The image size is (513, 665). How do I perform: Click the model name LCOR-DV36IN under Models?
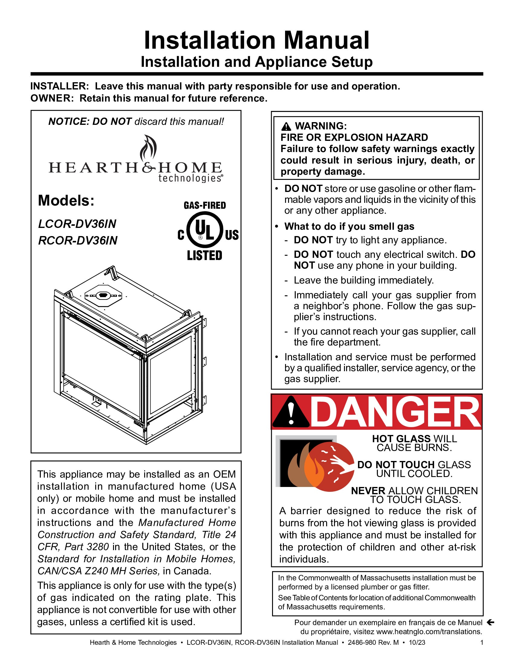pos(77,224)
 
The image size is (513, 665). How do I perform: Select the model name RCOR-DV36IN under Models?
pos(78,241)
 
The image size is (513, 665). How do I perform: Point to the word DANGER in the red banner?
pos(395,412)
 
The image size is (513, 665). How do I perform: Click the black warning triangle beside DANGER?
pos(291,412)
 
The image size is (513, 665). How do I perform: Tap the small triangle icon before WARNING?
pos(286,126)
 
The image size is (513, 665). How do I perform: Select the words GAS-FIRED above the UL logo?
pos(205,206)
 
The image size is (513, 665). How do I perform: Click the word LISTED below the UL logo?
pos(205,255)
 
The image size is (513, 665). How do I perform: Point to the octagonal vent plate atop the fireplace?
pos(103,295)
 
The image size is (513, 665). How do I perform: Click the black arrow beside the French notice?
pos(490,622)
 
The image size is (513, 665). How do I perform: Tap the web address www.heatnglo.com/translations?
pos(429,631)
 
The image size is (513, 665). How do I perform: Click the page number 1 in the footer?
pos(482,642)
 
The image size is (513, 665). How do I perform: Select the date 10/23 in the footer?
pos(417,642)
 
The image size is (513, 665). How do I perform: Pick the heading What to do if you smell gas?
pos(349,226)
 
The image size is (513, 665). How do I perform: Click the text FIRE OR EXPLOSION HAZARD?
pos(354,137)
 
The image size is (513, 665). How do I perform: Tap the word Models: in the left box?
pos(66,201)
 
